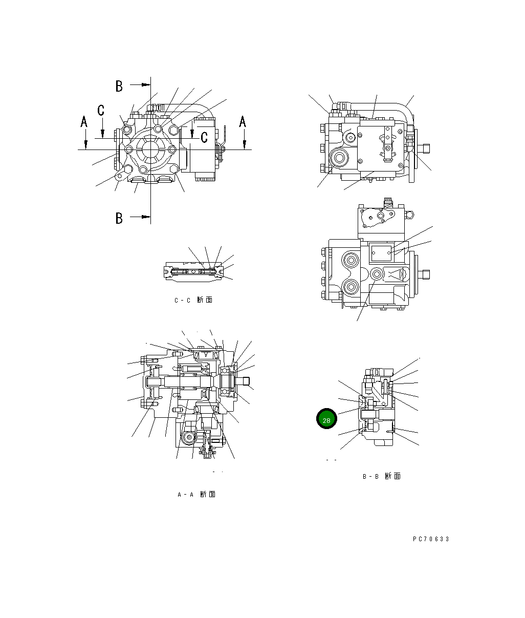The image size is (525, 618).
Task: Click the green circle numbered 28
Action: coord(326,419)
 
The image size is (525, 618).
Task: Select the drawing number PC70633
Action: coord(431,539)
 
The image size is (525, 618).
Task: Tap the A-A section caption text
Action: coord(196,494)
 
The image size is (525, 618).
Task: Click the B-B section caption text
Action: coord(381,476)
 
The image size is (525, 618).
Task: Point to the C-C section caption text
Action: coord(193,300)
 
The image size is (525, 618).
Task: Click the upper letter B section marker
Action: coord(119,86)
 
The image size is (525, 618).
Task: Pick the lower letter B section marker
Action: coord(119,218)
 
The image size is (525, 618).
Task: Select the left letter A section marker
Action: coord(84,122)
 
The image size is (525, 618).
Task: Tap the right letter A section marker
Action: coord(243,122)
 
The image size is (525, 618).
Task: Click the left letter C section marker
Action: coord(101,110)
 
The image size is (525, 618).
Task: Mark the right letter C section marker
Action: coord(204,137)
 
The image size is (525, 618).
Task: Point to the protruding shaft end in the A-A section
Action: coord(245,380)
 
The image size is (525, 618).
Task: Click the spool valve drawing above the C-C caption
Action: coord(194,271)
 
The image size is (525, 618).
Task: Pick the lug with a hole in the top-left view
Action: coord(119,176)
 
